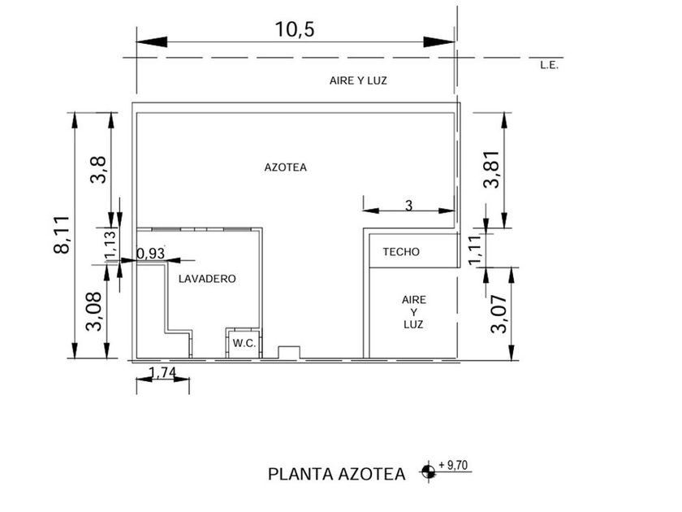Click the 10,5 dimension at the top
click(x=295, y=29)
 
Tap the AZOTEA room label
click(x=285, y=167)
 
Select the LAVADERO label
click(x=207, y=279)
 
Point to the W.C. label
click(x=244, y=343)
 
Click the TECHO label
click(x=401, y=252)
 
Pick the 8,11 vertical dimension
click(x=62, y=235)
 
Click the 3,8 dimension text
click(x=98, y=170)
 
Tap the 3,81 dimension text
click(x=491, y=169)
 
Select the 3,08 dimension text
click(x=94, y=311)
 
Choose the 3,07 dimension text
click(x=499, y=314)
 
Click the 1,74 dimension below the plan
click(x=162, y=373)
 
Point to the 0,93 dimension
click(x=151, y=254)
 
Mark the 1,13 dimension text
click(x=110, y=245)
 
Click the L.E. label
click(x=549, y=66)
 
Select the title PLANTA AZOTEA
click(x=337, y=474)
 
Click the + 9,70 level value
click(x=453, y=465)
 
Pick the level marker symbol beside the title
click(x=428, y=471)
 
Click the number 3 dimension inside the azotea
click(x=408, y=206)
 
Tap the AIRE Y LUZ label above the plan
click(x=358, y=80)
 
